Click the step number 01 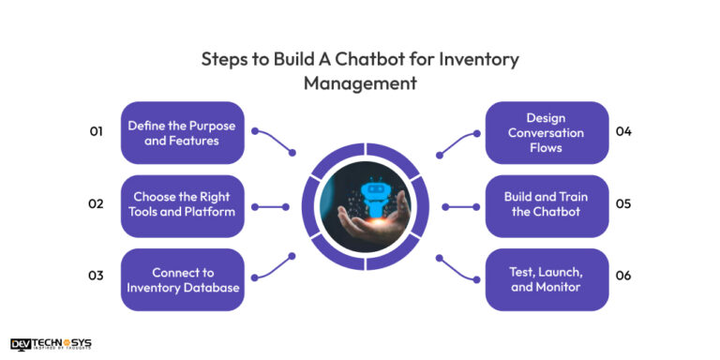pos(96,132)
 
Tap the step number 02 pos(96,203)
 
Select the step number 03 pos(96,276)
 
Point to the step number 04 pos(623,131)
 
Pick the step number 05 pos(623,203)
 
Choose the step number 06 pos(623,276)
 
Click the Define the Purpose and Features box pos(183,133)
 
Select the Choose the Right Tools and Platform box pos(183,205)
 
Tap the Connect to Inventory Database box pos(183,279)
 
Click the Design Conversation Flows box pos(547,133)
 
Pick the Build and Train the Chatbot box pos(547,205)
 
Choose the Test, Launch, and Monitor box pos(547,279)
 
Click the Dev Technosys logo pos(51,344)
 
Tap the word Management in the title pos(359,82)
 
